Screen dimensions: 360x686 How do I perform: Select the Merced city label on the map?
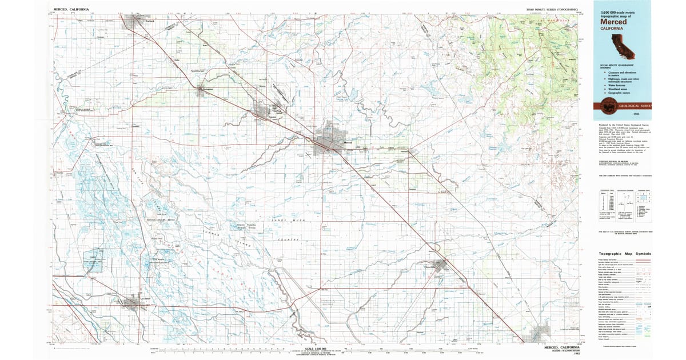(x=348, y=142)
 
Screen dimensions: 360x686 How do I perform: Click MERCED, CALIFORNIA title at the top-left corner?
(x=71, y=10)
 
